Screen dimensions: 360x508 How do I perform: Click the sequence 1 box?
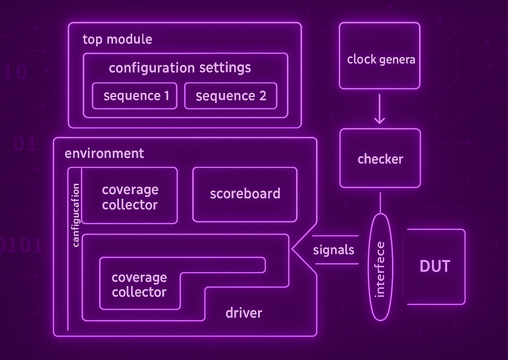[134, 96]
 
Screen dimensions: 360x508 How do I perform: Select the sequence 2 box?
[231, 96]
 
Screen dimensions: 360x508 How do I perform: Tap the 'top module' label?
[117, 39]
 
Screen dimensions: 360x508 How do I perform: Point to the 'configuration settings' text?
[179, 68]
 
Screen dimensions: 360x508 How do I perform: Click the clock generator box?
[380, 56]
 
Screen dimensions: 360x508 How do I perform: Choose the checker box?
[380, 158]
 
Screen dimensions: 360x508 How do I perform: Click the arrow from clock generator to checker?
[380, 109]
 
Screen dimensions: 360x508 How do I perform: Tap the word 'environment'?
[104, 153]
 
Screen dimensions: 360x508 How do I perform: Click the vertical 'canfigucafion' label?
[76, 215]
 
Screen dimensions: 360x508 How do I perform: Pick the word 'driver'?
[244, 313]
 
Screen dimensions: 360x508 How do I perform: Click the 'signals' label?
[333, 250]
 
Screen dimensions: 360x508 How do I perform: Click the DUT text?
[435, 266]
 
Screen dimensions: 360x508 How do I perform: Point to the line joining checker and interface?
[380, 203]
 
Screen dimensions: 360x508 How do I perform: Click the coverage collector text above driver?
[139, 284]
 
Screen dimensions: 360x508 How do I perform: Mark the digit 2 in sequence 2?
[263, 96]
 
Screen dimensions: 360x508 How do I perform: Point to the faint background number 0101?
[21, 246]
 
